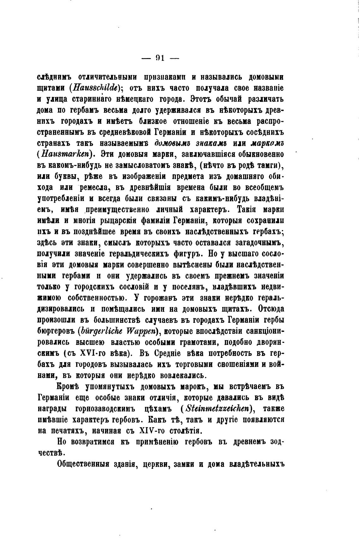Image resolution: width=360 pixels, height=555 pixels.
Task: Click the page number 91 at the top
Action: pyautogui.click(x=160, y=58)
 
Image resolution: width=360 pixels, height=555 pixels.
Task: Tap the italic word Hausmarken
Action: pyautogui.click(x=70, y=154)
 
